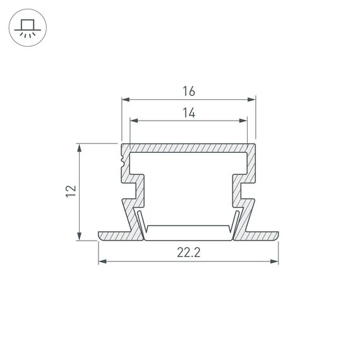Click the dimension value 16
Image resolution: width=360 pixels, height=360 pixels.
tap(188, 91)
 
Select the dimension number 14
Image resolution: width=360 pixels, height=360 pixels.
tap(188, 113)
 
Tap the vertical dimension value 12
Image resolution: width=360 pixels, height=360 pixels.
tap(71, 191)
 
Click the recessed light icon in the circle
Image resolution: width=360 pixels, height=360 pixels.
tap(27, 27)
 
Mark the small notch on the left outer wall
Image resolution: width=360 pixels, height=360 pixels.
tap(121, 163)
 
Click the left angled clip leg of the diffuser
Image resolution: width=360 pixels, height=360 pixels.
tap(141, 225)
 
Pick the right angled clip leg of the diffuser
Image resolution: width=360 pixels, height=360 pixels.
tap(236, 225)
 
